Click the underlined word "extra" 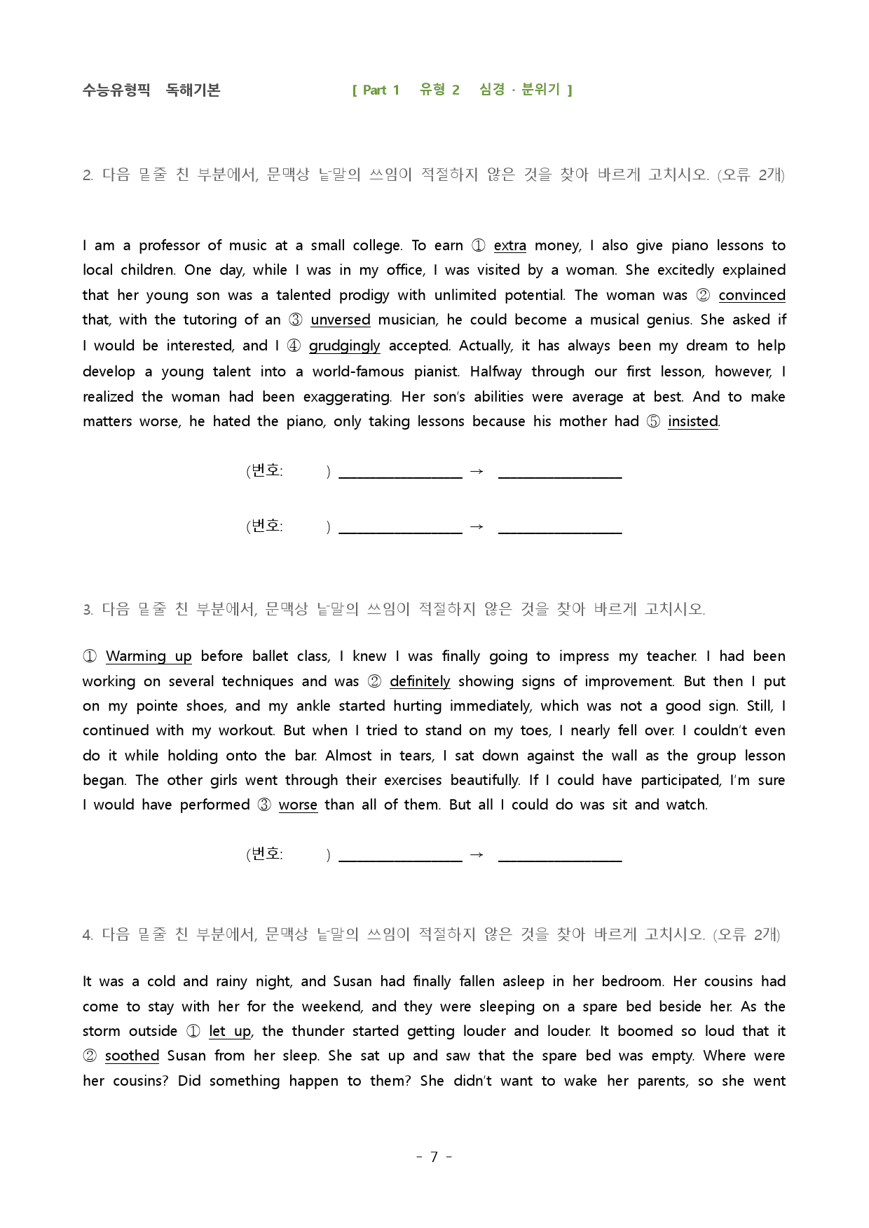(x=509, y=246)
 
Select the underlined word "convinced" (x=751, y=296)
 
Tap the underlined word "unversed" (x=340, y=320)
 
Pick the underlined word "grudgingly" (x=344, y=346)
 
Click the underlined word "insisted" (x=692, y=422)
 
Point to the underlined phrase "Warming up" (x=149, y=657)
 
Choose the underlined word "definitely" (x=420, y=682)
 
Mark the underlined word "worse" (x=298, y=805)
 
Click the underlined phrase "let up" (x=230, y=1032)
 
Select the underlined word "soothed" (x=132, y=1056)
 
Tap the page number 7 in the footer (x=434, y=1157)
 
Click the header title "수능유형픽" (x=116, y=90)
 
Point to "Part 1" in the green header (x=381, y=90)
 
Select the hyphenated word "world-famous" (x=358, y=372)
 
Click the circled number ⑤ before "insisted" (x=653, y=422)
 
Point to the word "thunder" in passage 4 (x=316, y=1032)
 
